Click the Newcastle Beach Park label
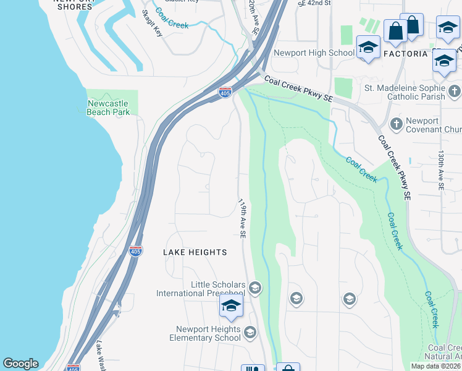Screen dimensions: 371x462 tap(108, 108)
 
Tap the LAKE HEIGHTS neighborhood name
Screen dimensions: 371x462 tap(195, 252)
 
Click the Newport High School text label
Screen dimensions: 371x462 tap(314, 53)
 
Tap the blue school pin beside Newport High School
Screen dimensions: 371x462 tap(368, 48)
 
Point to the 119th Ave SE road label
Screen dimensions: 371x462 tap(242, 218)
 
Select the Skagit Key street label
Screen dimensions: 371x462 tap(152, 23)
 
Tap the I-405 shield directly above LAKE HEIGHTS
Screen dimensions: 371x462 tap(136, 250)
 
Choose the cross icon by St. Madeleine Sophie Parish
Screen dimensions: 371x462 tap(454, 92)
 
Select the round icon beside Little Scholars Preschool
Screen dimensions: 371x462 tap(256, 288)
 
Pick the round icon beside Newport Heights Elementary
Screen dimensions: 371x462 tap(250, 333)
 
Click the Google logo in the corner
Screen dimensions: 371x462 tap(20, 364)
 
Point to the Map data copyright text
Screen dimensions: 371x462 tap(435, 366)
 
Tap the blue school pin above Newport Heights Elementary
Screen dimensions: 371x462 tap(232, 306)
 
